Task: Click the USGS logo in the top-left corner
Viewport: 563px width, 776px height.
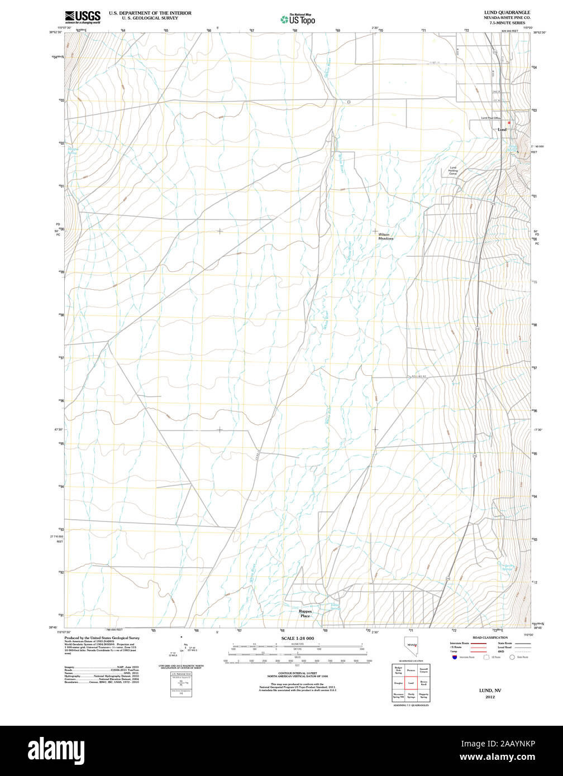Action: point(83,16)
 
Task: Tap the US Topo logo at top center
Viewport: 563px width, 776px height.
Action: point(298,19)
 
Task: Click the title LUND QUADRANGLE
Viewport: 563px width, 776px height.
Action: point(507,12)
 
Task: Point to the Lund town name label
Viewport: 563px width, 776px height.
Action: point(502,130)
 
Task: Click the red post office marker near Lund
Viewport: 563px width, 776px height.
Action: point(509,122)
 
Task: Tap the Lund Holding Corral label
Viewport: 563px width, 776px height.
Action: point(453,171)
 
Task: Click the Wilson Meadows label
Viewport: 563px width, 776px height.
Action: point(385,236)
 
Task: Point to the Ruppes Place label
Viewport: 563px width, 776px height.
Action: point(305,614)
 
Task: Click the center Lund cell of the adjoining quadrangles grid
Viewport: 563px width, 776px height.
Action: point(411,682)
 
